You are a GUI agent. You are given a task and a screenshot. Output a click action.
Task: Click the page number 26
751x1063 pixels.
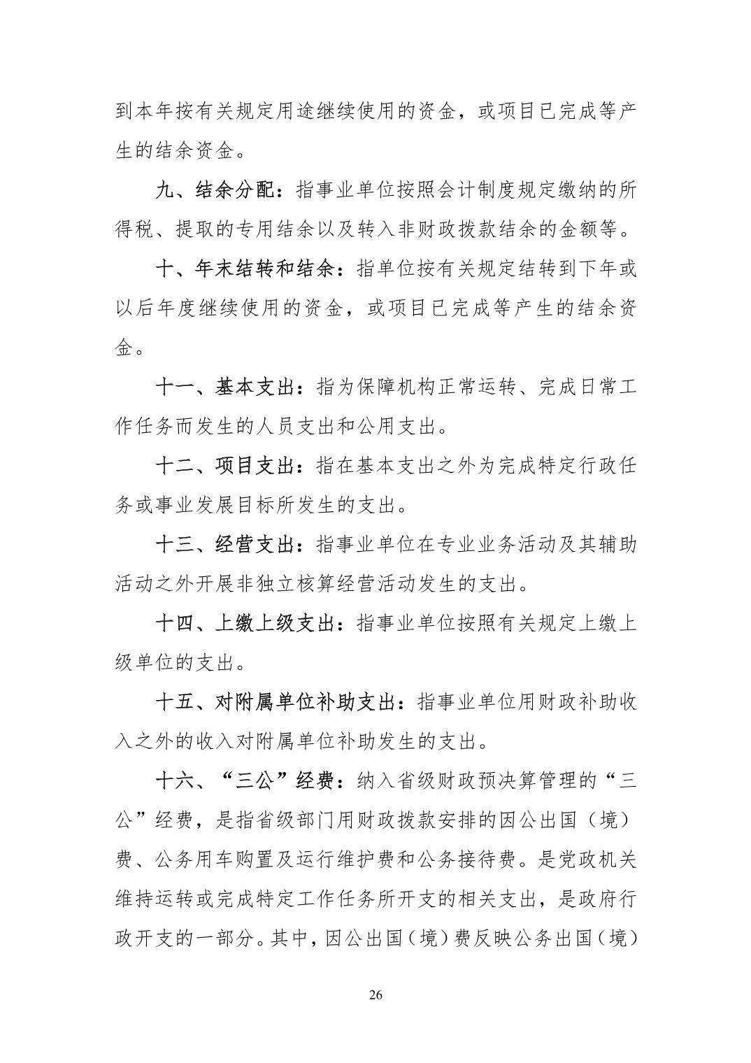[375, 995]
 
